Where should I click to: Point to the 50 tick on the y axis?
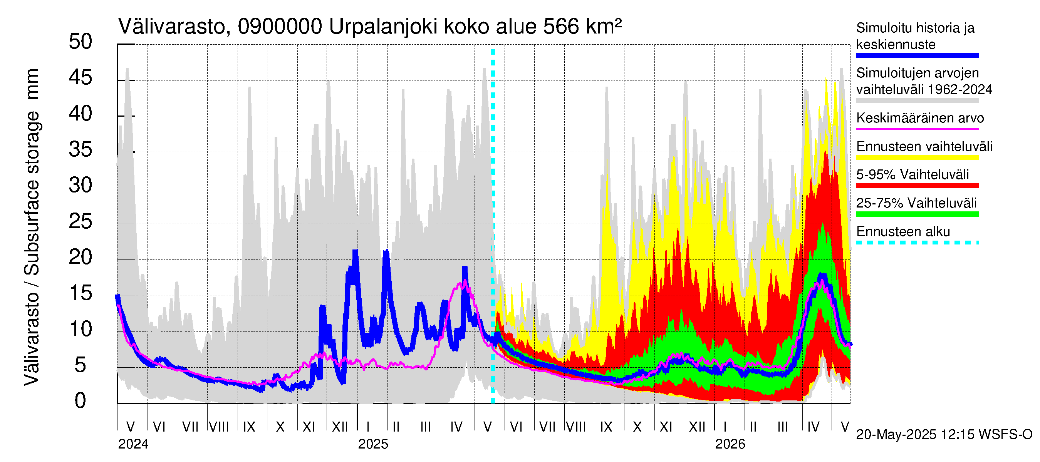tap(81, 42)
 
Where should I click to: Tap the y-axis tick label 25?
tap(81, 221)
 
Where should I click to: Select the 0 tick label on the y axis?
tap(81, 401)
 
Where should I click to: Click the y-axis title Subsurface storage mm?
tap(32, 226)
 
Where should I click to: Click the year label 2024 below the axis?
tap(133, 444)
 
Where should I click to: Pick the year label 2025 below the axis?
tap(373, 444)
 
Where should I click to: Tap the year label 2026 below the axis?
tap(730, 444)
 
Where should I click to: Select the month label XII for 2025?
tap(697, 427)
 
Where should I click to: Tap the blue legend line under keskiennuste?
tap(917, 56)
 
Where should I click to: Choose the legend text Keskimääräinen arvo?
tap(920, 118)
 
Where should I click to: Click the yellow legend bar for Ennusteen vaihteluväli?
tap(917, 157)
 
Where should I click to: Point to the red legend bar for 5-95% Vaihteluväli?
tap(917, 186)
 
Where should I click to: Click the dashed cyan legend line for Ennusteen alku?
tap(917, 243)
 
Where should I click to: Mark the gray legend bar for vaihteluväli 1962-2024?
tap(917, 100)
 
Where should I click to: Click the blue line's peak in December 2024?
tap(355, 251)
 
